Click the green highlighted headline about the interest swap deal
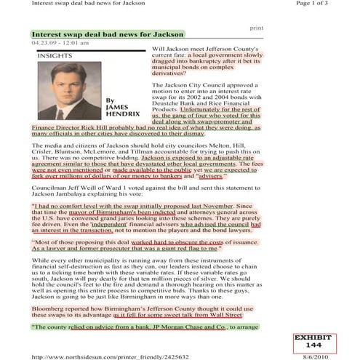(107, 34)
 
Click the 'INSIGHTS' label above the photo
(52, 55)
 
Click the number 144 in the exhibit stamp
(314, 344)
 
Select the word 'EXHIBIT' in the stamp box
(314, 337)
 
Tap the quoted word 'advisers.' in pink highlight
(211, 176)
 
